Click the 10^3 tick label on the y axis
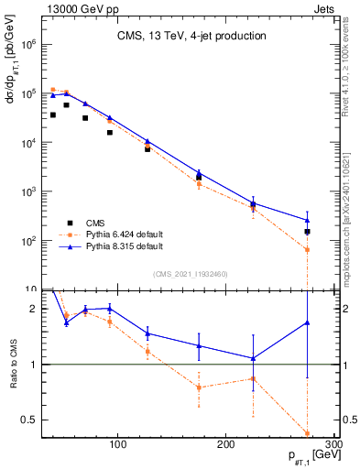[29, 191]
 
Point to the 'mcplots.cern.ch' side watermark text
[349, 220]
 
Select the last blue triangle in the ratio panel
[308, 322]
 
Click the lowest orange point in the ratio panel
[308, 434]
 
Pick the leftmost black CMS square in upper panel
[53, 115]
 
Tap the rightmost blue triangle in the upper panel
[308, 220]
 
